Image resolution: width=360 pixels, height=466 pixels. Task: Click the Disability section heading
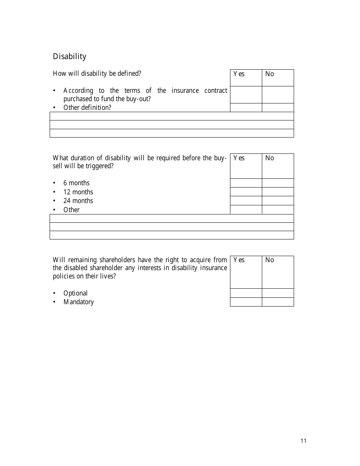click(70, 56)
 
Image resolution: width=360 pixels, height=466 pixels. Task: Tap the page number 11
click(303, 441)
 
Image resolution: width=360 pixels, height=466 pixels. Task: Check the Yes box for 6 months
click(246, 183)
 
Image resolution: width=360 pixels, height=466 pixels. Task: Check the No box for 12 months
click(278, 192)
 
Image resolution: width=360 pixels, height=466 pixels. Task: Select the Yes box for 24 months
click(246, 201)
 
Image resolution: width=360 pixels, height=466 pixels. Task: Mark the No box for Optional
click(278, 293)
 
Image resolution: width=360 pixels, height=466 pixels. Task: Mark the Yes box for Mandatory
click(246, 302)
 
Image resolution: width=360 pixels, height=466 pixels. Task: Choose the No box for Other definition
click(278, 108)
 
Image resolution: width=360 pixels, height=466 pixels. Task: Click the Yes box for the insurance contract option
click(246, 95)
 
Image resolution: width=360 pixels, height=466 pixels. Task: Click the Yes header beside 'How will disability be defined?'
click(239, 74)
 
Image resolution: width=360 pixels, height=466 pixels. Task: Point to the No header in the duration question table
click(270, 158)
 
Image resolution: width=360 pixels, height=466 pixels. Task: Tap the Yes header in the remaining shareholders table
click(239, 260)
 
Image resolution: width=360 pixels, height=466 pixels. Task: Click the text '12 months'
click(78, 192)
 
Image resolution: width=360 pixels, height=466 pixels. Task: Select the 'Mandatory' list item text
click(78, 302)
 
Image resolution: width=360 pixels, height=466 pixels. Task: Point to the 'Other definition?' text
click(87, 108)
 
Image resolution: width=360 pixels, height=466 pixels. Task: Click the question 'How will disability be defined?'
click(97, 73)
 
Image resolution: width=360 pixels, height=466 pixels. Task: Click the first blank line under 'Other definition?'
click(172, 116)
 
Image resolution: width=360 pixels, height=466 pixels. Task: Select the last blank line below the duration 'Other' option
click(172, 235)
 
